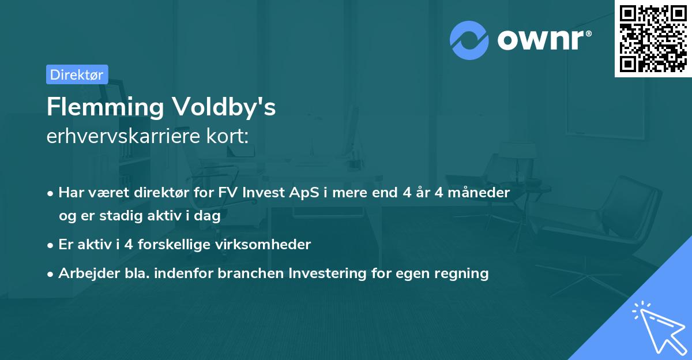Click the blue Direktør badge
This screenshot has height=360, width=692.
77,74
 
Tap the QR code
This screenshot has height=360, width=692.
653,38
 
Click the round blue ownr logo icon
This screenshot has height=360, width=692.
469,40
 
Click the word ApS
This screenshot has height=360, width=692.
321,193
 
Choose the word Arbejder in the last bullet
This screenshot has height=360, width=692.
84,273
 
